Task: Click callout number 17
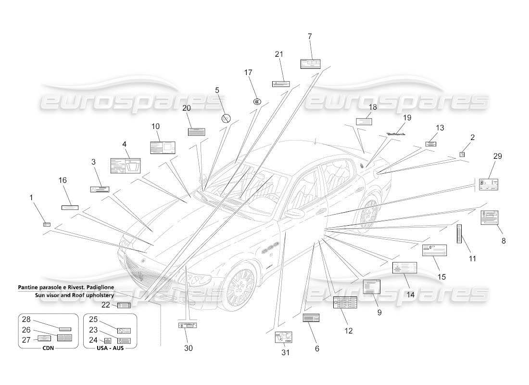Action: tap(248, 73)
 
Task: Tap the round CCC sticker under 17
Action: tap(257, 102)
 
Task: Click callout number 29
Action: tap(497, 156)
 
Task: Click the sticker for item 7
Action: tap(311, 64)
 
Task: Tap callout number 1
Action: tap(32, 197)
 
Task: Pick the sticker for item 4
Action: tap(126, 166)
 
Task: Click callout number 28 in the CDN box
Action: tap(26, 320)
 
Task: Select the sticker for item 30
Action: tap(187, 326)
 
